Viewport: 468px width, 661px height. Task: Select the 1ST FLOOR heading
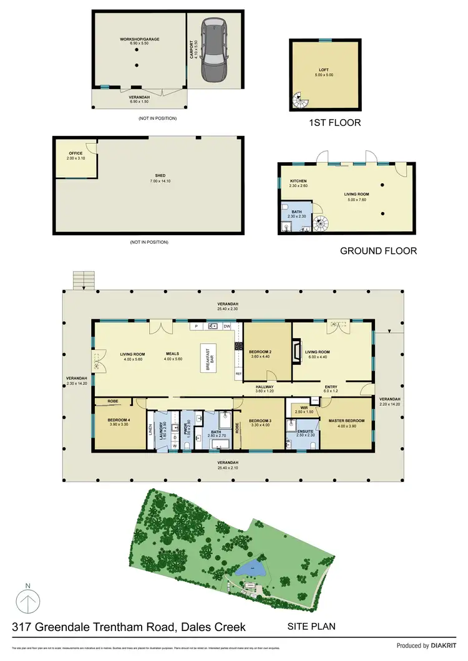pos(335,123)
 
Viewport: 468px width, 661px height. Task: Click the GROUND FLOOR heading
pos(378,251)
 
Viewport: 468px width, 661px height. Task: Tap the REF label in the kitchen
pos(238,374)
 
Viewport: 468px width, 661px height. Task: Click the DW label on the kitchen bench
pos(227,326)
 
